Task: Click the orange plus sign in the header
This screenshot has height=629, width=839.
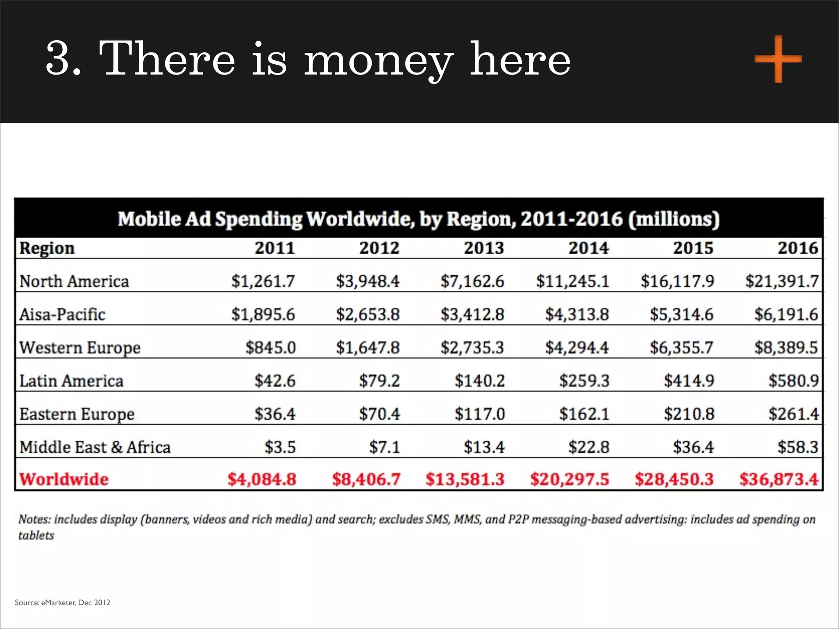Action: (778, 59)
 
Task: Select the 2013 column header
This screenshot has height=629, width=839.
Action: (484, 248)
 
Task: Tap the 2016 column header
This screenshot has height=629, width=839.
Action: (798, 248)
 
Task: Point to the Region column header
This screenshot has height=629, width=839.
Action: (47, 249)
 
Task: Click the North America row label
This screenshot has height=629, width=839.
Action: (74, 281)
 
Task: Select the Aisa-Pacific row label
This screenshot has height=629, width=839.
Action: (62, 314)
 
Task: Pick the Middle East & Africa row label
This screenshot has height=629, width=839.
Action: (95, 447)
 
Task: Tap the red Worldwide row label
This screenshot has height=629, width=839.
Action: (64, 479)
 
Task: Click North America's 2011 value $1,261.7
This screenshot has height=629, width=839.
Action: (263, 281)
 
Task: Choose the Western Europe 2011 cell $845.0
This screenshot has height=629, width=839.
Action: (270, 348)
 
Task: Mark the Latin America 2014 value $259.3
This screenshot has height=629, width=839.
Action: (584, 381)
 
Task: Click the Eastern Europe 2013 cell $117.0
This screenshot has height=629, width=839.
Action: (480, 414)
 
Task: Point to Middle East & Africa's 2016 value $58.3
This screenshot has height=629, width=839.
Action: (798, 447)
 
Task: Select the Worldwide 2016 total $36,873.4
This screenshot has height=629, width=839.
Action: (779, 479)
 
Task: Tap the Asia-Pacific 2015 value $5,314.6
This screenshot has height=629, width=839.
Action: (682, 314)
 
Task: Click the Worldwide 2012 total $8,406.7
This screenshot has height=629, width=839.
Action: (366, 479)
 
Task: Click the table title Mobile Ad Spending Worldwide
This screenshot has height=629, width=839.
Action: (418, 219)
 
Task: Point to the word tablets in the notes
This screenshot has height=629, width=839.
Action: (36, 536)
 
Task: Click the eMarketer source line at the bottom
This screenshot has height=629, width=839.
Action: (63, 602)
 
